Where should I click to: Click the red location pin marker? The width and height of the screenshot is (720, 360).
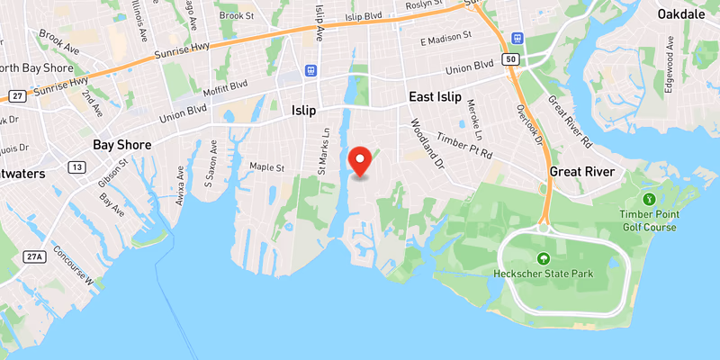tap(361, 160)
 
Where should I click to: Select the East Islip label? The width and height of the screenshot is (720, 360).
tap(435, 97)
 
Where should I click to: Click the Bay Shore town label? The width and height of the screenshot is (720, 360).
tap(122, 144)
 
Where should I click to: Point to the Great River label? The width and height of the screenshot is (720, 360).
tap(582, 172)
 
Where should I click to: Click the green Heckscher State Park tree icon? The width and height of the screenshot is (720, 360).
tap(542, 258)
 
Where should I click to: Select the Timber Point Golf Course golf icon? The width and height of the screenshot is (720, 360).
tap(647, 198)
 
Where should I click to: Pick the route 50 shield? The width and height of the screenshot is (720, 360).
tap(512, 58)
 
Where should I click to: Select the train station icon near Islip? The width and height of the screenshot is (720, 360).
tap(310, 69)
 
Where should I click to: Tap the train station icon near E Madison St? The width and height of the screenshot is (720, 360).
tap(517, 38)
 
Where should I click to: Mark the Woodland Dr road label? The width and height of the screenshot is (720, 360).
tap(427, 144)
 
